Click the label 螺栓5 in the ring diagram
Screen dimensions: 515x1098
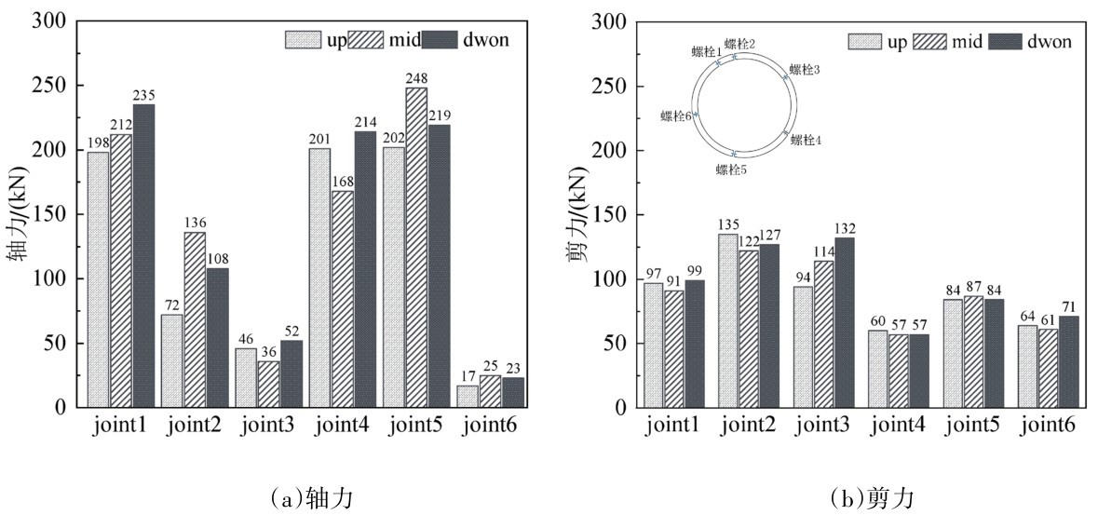pyautogui.click(x=732, y=169)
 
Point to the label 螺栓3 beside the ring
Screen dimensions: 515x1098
pyautogui.click(x=805, y=70)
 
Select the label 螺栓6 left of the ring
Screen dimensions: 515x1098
pyautogui.click(x=676, y=116)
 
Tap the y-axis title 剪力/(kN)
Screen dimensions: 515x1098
pyautogui.click(x=579, y=214)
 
